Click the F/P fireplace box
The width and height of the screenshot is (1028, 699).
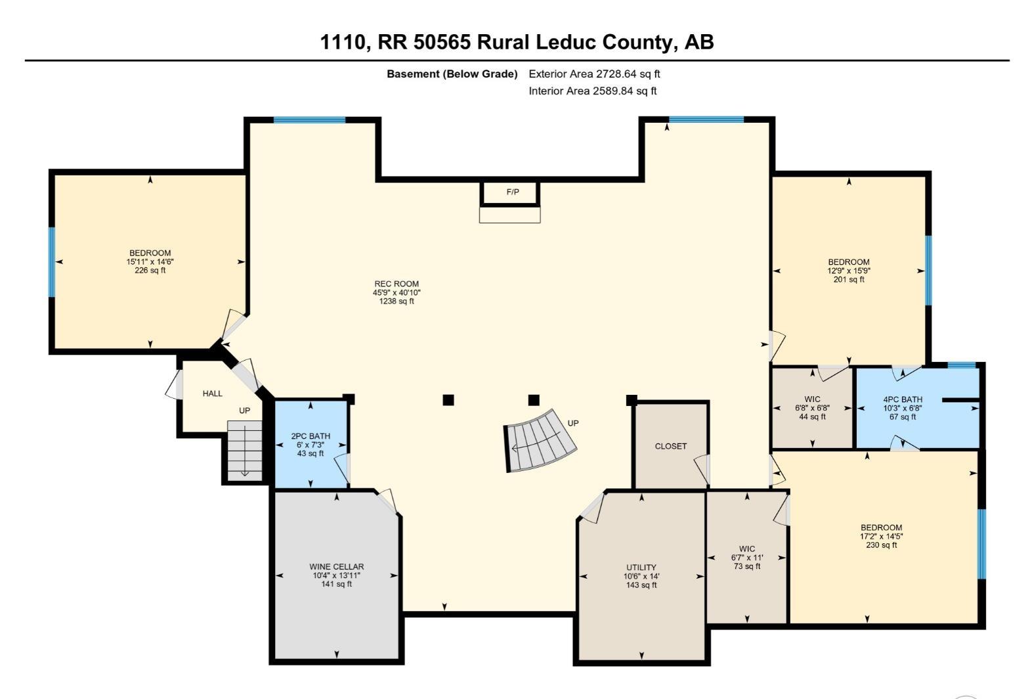tap(511, 192)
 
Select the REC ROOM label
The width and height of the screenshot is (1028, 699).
tap(396, 284)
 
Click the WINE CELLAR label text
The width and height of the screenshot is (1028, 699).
tap(336, 566)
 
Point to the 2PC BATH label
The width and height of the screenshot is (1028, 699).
tap(311, 436)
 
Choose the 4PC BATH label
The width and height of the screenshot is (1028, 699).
tap(903, 399)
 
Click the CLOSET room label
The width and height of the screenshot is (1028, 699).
tap(671, 446)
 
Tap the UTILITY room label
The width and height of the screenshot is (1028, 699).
tap(641, 568)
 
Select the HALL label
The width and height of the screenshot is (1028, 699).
tap(212, 394)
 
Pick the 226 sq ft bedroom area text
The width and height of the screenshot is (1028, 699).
tap(150, 270)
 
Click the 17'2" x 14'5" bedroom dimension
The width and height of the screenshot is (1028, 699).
tap(882, 536)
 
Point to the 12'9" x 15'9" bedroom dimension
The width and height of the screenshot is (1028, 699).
tap(849, 271)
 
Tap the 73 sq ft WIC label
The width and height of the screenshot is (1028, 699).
tap(747, 566)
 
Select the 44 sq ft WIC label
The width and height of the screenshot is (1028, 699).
tap(812, 417)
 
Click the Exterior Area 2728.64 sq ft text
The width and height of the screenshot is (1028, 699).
tap(594, 74)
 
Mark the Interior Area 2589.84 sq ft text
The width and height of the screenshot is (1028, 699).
tap(592, 91)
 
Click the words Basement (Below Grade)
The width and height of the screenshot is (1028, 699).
tap(452, 74)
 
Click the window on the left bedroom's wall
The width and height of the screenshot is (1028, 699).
tap(52, 261)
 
